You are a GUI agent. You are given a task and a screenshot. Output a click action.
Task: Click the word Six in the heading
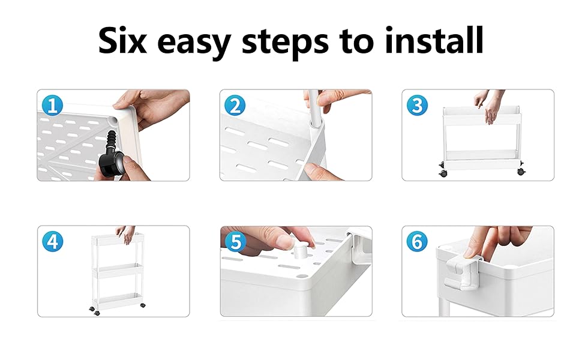(x=122, y=40)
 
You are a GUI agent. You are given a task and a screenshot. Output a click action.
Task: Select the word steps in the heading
(x=285, y=43)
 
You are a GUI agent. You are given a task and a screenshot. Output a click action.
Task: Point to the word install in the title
(x=434, y=40)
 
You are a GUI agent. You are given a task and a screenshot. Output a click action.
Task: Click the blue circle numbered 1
(x=52, y=106)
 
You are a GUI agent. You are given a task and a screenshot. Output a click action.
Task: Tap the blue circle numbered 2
(x=235, y=106)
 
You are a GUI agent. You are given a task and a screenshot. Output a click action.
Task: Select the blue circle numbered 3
(x=417, y=106)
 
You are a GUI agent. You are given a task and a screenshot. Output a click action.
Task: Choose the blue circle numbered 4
(x=52, y=242)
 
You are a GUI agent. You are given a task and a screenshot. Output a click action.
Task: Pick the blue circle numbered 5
(x=235, y=242)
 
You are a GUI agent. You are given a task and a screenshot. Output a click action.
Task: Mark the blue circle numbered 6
(x=417, y=242)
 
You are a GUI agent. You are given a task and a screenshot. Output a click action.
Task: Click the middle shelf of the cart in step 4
(x=117, y=271)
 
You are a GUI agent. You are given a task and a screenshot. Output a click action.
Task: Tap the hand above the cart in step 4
(x=125, y=234)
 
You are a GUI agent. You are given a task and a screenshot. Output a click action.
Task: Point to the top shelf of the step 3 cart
(x=482, y=115)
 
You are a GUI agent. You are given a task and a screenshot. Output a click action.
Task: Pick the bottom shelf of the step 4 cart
(x=117, y=301)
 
